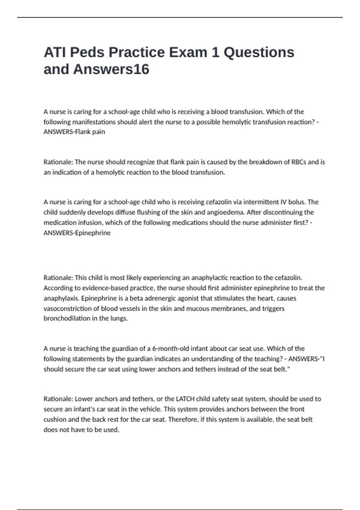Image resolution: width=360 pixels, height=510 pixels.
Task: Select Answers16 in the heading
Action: [x=111, y=69]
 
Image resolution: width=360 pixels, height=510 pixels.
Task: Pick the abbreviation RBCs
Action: [x=299, y=162]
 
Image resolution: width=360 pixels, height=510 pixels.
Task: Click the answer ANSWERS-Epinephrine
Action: [x=77, y=233]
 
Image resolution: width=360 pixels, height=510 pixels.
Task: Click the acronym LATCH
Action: [x=185, y=399]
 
